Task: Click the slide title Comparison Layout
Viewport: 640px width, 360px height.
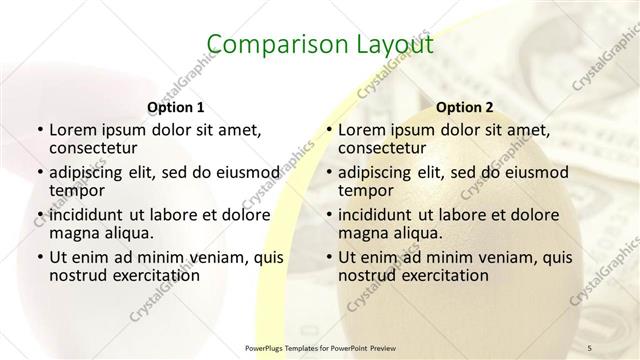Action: (x=320, y=45)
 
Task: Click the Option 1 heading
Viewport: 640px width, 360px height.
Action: (x=175, y=106)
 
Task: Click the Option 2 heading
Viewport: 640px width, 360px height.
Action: (x=465, y=106)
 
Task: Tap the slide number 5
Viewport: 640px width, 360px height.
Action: (x=589, y=345)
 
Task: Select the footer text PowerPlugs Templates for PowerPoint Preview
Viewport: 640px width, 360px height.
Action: (x=320, y=346)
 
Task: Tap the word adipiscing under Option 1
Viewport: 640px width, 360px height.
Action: (x=90, y=172)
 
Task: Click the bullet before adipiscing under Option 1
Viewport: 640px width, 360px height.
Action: (x=39, y=172)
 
